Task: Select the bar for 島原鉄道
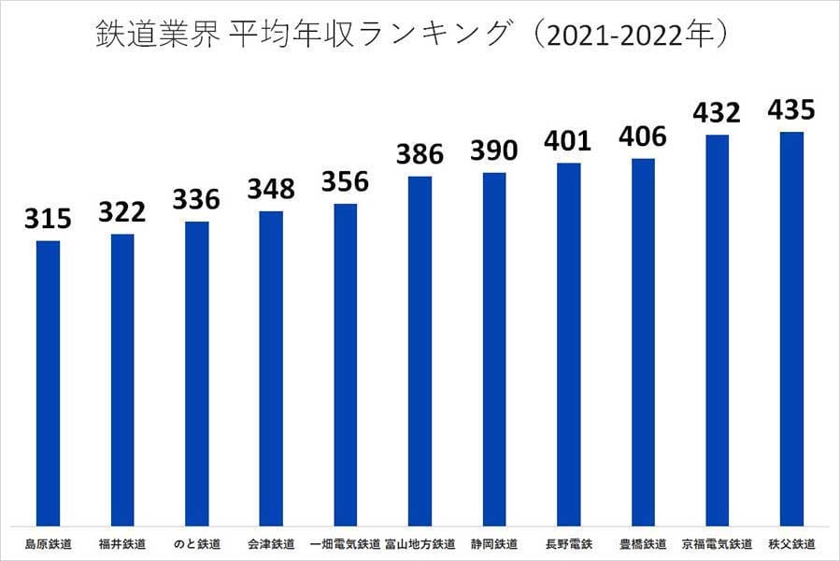click(x=48, y=383)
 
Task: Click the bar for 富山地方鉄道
click(x=420, y=351)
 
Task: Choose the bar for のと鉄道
click(x=196, y=374)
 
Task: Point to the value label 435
click(x=790, y=110)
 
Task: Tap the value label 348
click(x=271, y=190)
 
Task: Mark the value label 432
click(x=717, y=113)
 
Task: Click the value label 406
click(x=643, y=137)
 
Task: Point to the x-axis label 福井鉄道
click(x=121, y=543)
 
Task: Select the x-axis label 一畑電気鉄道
click(x=345, y=543)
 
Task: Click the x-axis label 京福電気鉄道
click(x=717, y=543)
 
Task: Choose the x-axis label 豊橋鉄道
click(x=643, y=543)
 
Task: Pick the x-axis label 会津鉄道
click(x=271, y=543)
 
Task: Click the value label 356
click(x=345, y=181)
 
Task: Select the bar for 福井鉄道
click(x=122, y=380)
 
